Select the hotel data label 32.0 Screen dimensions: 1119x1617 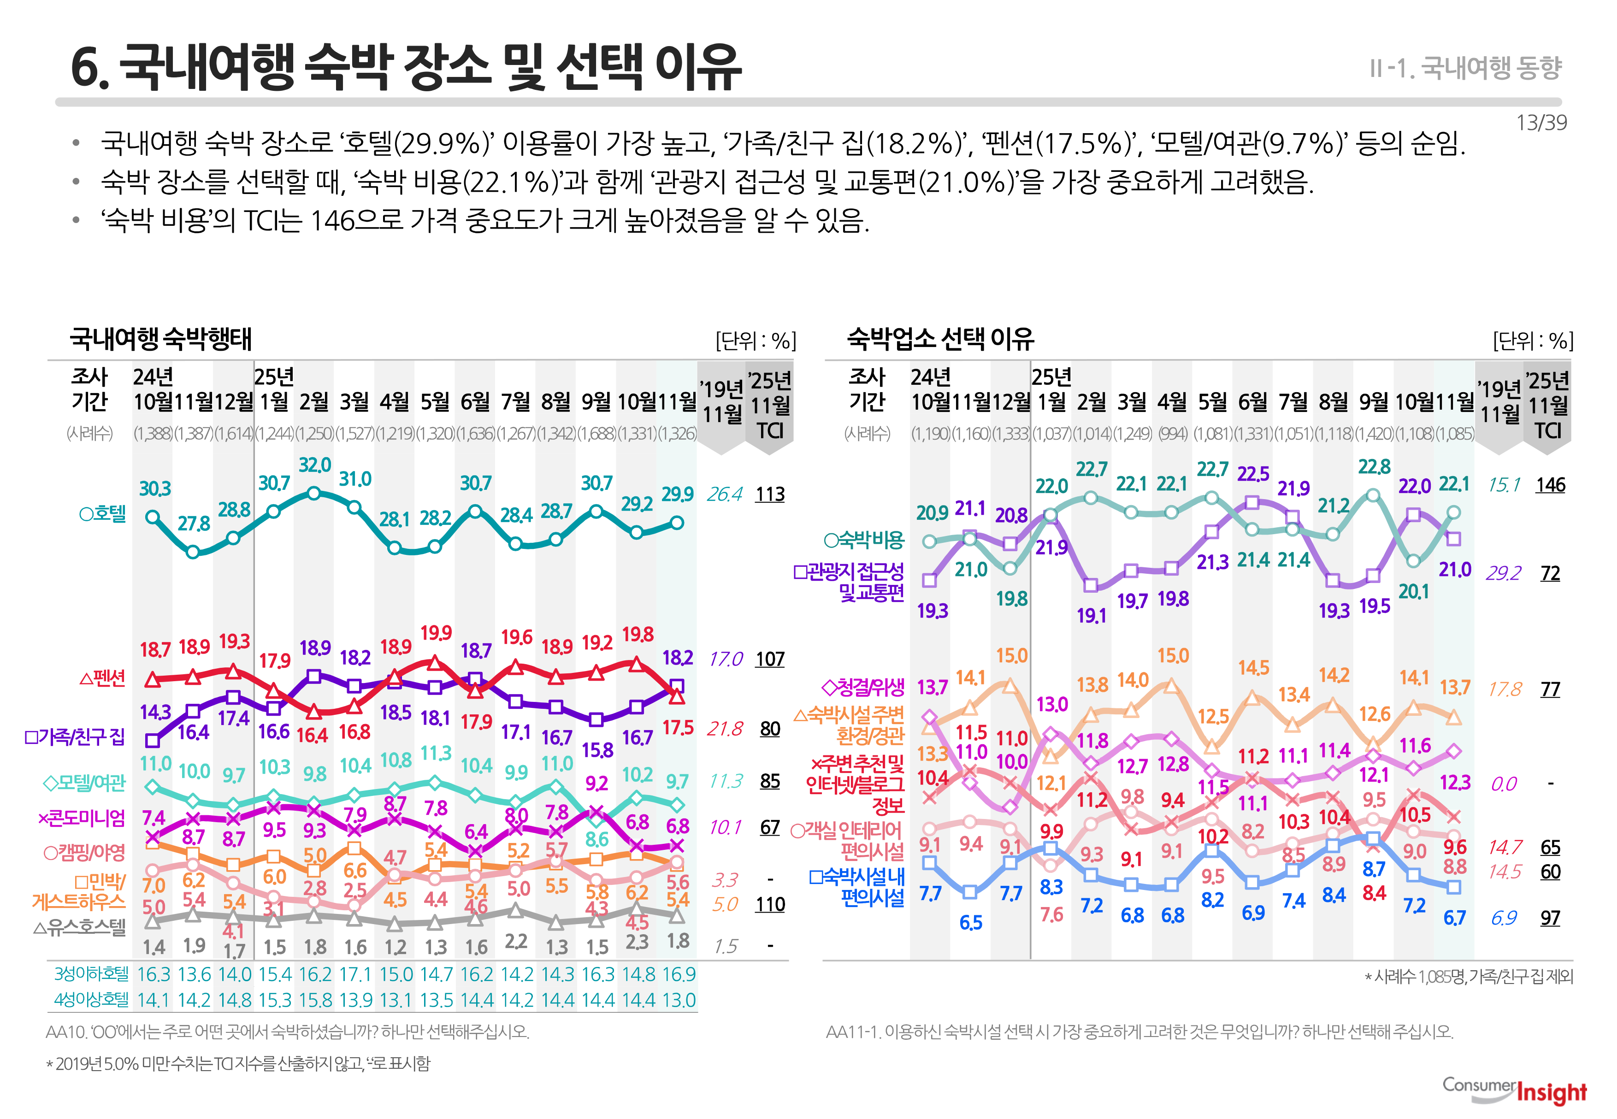click(x=314, y=465)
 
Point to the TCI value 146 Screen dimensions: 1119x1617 click(x=1550, y=484)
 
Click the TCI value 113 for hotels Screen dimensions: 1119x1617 click(x=769, y=495)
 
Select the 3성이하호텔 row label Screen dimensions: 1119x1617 click(x=91, y=974)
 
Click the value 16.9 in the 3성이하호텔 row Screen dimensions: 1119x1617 click(x=678, y=975)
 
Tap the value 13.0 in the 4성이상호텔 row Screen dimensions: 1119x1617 click(x=678, y=1000)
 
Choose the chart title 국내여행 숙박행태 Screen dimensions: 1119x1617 click(x=160, y=339)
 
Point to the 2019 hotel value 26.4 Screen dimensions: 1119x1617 click(x=724, y=495)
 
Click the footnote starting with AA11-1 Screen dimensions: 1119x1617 click(x=1139, y=1032)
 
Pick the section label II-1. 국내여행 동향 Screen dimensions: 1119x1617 click(x=1465, y=68)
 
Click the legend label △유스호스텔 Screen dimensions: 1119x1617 click(x=79, y=928)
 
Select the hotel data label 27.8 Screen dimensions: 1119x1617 click(x=194, y=524)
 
